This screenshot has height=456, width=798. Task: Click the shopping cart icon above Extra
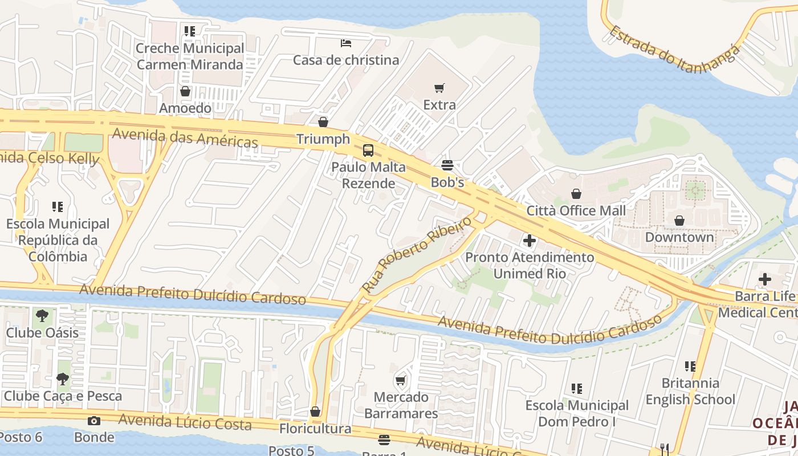tap(439, 88)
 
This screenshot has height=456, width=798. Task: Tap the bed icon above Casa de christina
tap(345, 43)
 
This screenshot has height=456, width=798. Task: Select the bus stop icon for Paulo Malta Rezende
tap(368, 150)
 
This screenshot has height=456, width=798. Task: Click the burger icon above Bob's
tap(447, 165)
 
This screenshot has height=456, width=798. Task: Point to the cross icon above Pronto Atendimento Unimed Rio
tap(530, 241)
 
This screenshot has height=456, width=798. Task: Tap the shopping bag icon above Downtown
tap(679, 221)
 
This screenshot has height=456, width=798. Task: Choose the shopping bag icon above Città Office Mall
tap(576, 194)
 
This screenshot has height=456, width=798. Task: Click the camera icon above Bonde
tap(94, 421)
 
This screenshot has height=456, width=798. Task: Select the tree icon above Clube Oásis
tap(42, 315)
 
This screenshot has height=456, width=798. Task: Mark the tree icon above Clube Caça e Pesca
tap(63, 378)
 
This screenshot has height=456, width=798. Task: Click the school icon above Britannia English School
tap(690, 366)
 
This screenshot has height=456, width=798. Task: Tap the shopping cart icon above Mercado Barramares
tap(401, 380)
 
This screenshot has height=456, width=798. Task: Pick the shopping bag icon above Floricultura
tap(315, 412)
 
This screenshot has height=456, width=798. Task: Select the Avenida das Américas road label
tap(185, 137)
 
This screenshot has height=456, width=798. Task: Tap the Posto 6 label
tap(21, 437)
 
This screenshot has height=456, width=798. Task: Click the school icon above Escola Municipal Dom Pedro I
tap(576, 389)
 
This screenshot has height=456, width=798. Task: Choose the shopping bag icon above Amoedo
tap(185, 91)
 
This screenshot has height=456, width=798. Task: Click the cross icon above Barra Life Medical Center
tap(764, 279)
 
